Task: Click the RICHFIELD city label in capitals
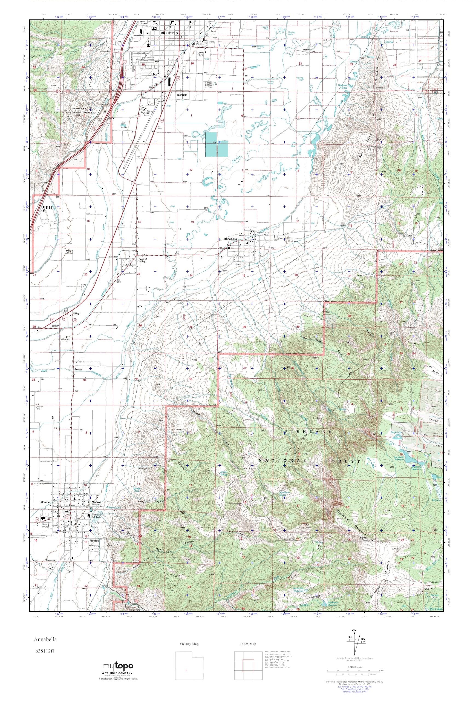(x=169, y=33)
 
